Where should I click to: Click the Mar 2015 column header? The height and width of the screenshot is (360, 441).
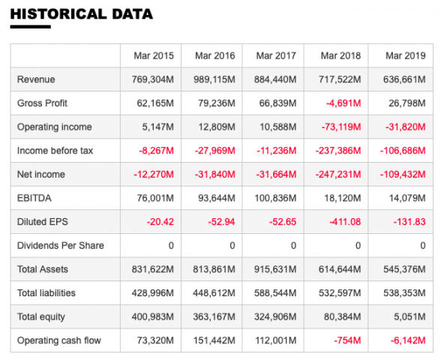click(154, 55)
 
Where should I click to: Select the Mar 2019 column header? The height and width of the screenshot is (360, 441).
click(405, 55)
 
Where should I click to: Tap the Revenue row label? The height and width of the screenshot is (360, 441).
click(36, 79)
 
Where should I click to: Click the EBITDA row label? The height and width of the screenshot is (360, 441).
click(34, 198)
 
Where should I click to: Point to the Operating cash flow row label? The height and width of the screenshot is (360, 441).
click(59, 340)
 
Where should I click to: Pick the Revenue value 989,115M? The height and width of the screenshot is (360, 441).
click(214, 79)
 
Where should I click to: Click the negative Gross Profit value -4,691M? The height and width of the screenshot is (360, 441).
click(343, 103)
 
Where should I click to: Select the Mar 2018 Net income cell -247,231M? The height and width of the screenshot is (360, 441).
click(338, 174)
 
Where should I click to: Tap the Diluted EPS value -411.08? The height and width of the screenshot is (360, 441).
click(345, 222)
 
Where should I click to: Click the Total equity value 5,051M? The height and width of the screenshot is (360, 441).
click(409, 316)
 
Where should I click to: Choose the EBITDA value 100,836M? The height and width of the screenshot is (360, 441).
click(275, 198)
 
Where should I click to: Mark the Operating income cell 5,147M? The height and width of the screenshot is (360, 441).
click(157, 127)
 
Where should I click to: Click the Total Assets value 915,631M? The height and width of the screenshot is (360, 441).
click(275, 269)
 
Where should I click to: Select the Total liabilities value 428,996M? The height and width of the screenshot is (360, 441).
click(153, 293)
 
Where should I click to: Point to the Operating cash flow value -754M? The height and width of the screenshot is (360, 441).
click(347, 340)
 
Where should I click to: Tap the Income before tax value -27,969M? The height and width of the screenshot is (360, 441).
click(214, 151)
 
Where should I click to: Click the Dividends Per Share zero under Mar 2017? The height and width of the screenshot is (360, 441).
click(293, 245)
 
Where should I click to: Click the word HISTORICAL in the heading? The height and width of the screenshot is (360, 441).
click(58, 14)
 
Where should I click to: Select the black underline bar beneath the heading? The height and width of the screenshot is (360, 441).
click(30, 27)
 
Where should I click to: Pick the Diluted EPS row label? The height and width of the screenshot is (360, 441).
click(43, 222)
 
